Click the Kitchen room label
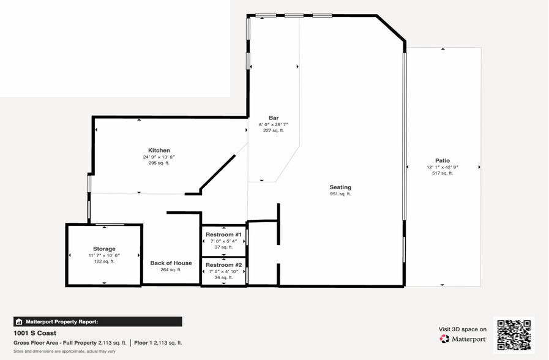(159, 150)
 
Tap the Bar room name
(274, 118)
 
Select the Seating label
(340, 187)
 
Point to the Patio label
(443, 161)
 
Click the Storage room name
(104, 249)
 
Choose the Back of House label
(171, 263)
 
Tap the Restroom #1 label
(224, 234)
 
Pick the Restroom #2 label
(224, 265)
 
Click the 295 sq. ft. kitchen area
(159, 163)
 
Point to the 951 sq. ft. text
(340, 194)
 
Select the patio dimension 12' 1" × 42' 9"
(443, 167)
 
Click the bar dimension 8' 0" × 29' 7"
(274, 124)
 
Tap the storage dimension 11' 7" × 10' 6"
(104, 255)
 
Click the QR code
(514, 335)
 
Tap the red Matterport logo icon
(444, 339)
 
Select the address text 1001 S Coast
(35, 333)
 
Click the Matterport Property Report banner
(98, 321)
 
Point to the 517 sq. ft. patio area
(443, 173)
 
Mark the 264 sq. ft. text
(171, 270)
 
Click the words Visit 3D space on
(463, 329)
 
